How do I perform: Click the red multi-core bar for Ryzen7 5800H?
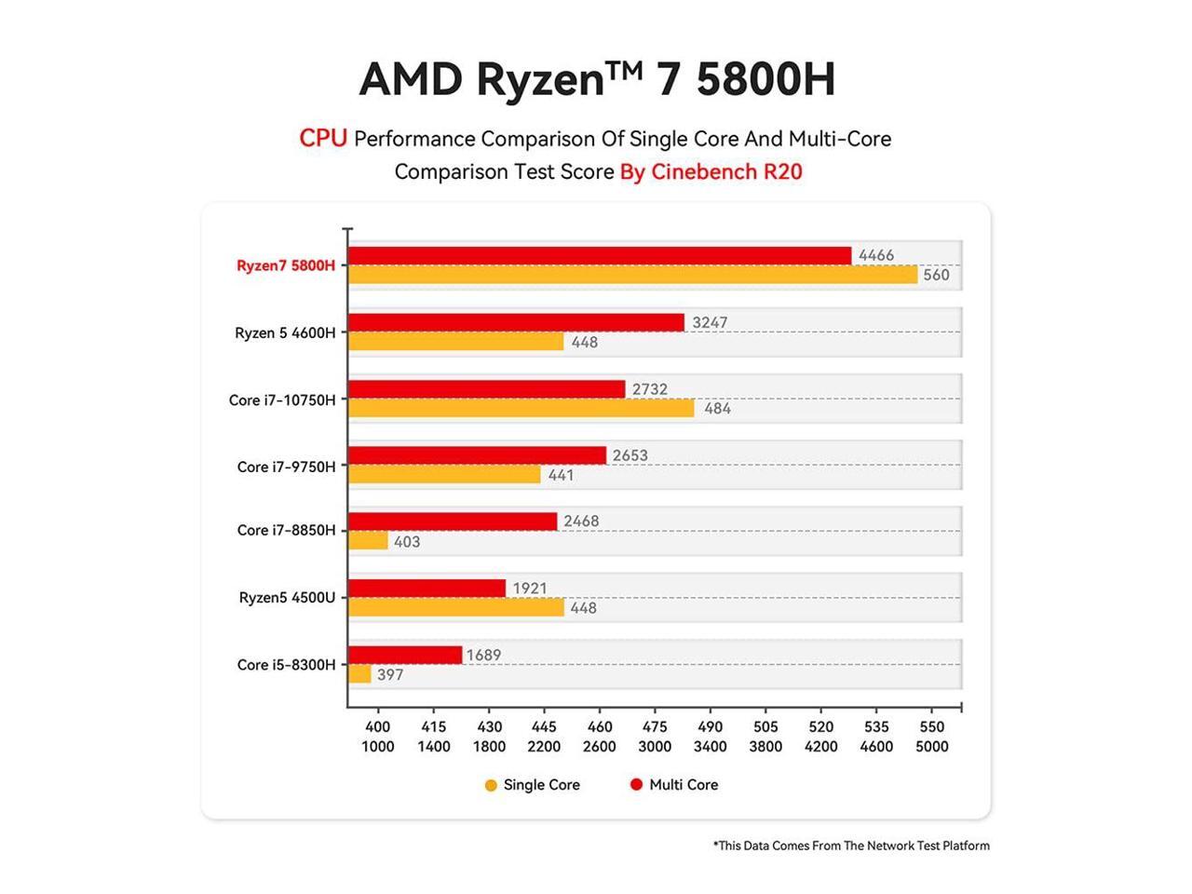pyautogui.click(x=600, y=255)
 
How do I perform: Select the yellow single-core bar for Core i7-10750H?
pyautogui.click(x=521, y=408)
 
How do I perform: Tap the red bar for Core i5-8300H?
pyautogui.click(x=405, y=655)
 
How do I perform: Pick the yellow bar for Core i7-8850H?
pyautogui.click(x=369, y=541)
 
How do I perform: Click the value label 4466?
pyautogui.click(x=876, y=255)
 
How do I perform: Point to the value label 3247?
pyautogui.click(x=710, y=322)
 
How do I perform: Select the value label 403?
pyautogui.click(x=407, y=541)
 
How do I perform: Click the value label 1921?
pyautogui.click(x=530, y=588)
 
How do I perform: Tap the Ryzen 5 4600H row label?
pyautogui.click(x=285, y=332)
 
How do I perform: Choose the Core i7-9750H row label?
pyautogui.click(x=286, y=467)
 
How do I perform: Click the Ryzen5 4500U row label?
pyautogui.click(x=287, y=597)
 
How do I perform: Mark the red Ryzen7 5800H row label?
pyautogui.click(x=285, y=265)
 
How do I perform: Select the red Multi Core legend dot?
pyautogui.click(x=637, y=784)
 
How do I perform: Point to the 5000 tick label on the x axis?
pyautogui.click(x=931, y=746)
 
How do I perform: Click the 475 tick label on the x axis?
pyautogui.click(x=655, y=726)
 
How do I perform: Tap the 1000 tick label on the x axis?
pyautogui.click(x=377, y=746)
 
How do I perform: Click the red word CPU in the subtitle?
pyautogui.click(x=322, y=139)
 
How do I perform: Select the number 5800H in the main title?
pyautogui.click(x=765, y=79)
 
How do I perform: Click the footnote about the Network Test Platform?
pyautogui.click(x=851, y=846)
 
